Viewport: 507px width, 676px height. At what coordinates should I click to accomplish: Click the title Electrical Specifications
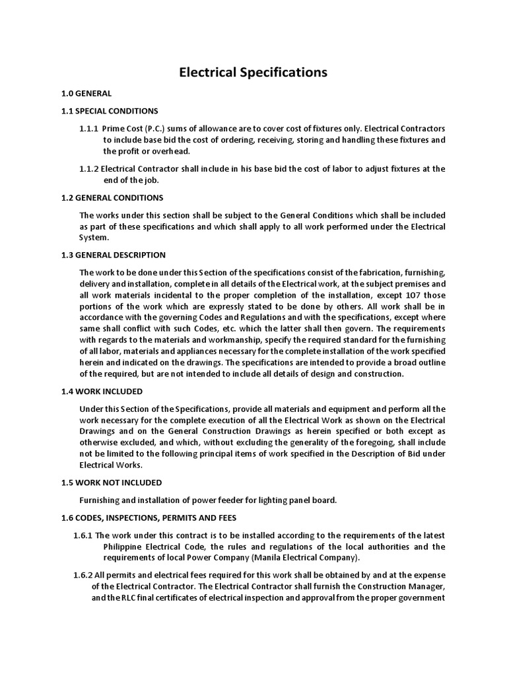(253, 72)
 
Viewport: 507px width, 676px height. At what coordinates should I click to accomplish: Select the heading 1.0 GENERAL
(95, 93)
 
